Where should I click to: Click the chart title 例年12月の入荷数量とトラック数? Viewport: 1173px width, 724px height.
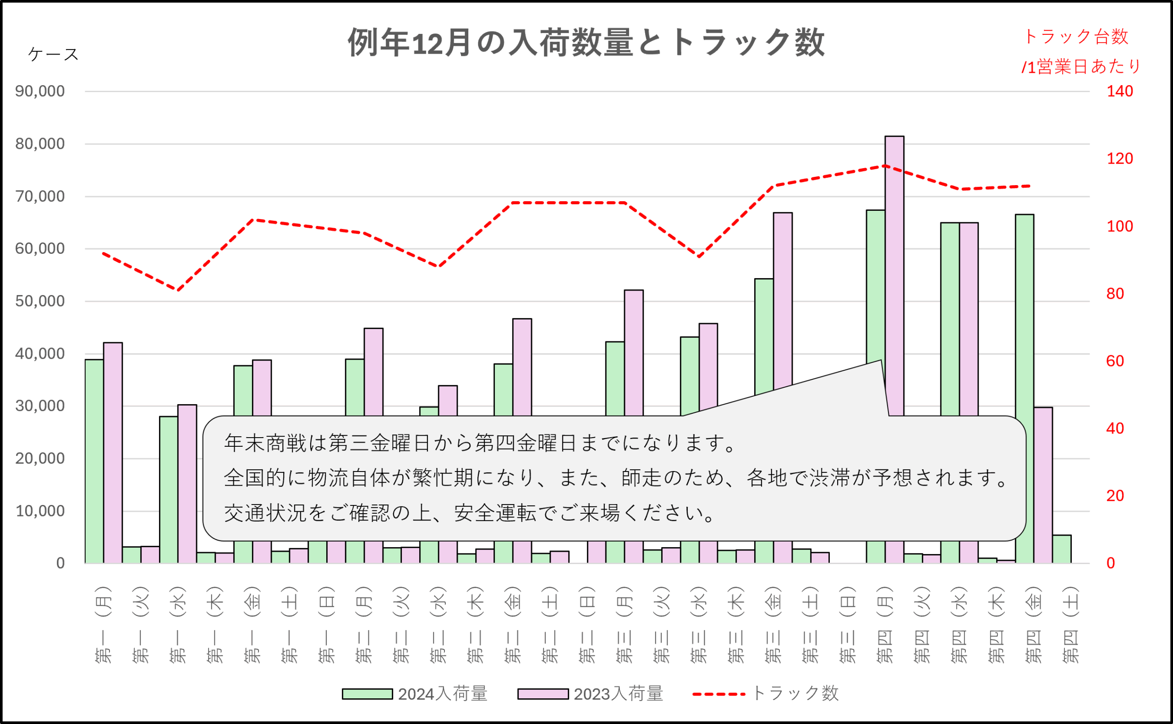pos(586,42)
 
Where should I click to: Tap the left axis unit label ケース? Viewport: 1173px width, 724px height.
pos(53,54)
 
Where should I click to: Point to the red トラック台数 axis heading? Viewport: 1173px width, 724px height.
pos(1076,37)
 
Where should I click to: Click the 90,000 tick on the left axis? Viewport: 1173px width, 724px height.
pos(40,91)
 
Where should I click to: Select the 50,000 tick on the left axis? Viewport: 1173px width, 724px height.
pos(40,301)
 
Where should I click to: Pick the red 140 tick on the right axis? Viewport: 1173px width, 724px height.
pos(1119,91)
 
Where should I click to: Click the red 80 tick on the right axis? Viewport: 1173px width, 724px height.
pos(1115,294)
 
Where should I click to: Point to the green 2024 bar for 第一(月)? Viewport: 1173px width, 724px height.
pos(94,460)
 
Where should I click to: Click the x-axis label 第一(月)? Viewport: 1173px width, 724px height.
pos(104,625)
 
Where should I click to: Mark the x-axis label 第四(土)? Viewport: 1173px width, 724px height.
pos(1070,625)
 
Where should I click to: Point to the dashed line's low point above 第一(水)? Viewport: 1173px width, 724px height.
pos(178,290)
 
